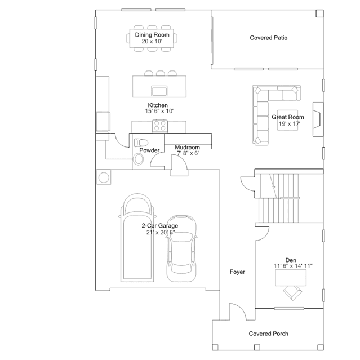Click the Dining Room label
[152, 35]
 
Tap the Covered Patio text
[268, 38]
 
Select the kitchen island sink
[159, 91]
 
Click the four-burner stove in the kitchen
[160, 126]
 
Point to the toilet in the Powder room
[141, 143]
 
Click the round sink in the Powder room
[139, 159]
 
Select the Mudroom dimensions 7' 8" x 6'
[188, 153]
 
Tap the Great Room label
[288, 117]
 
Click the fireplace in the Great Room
[318, 119]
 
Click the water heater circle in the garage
[104, 177]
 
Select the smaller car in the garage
[181, 248]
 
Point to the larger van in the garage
[137, 238]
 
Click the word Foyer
[237, 272]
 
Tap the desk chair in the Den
[292, 293]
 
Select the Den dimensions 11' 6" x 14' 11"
[293, 266]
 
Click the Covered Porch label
[268, 334]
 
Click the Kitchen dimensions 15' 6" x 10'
[159, 111]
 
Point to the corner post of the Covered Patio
[319, 14]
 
